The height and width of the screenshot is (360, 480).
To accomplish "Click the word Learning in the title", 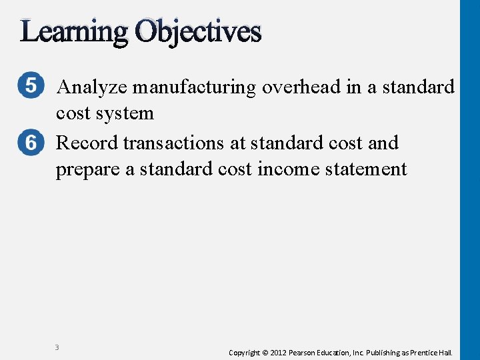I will [74, 31].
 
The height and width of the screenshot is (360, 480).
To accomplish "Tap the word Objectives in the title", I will [198, 31].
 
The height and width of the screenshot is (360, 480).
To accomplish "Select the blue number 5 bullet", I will [32, 87].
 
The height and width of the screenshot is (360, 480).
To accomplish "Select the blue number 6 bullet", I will [32, 143].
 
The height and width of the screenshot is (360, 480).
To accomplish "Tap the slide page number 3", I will [57, 347].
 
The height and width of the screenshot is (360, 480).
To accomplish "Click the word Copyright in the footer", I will [244, 352].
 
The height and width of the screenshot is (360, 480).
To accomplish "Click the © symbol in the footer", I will [265, 352].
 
